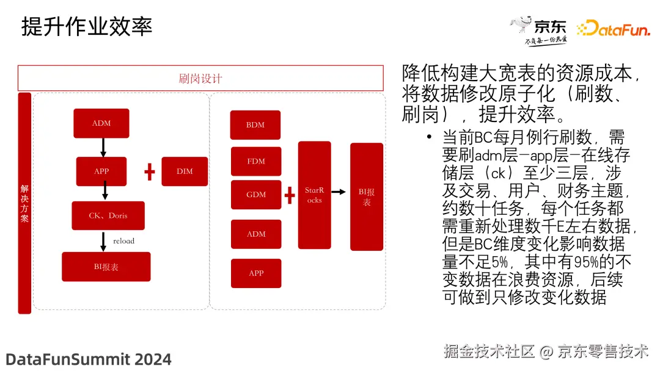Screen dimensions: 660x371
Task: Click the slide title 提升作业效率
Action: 87,26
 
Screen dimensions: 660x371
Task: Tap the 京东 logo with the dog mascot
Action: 538,31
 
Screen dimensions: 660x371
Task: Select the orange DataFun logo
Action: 614,28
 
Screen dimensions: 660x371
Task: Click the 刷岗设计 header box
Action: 200,78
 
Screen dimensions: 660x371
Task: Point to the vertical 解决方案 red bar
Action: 24,203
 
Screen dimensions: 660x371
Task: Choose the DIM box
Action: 185,171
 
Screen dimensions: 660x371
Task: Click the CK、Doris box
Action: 108,215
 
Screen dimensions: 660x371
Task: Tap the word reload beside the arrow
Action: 123,241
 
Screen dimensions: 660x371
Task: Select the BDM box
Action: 255,125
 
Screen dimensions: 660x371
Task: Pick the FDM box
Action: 256,161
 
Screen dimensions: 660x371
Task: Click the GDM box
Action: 256,195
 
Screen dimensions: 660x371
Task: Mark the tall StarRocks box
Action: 315,195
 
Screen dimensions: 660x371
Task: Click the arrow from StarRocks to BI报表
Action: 339,192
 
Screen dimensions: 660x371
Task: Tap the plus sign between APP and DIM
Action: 150,172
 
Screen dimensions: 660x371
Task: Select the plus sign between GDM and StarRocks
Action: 290,195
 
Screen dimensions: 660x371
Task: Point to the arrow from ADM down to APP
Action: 103,147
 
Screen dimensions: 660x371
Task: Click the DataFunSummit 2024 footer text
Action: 89,359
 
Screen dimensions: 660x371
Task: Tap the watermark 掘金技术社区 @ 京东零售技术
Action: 546,351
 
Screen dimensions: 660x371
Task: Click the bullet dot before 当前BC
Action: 429,137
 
